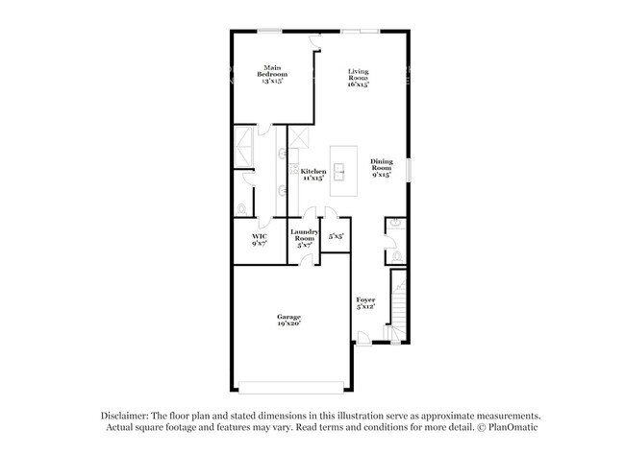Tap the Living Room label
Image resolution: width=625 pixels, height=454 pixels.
(359, 78)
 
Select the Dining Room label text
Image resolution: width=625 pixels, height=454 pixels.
(382, 169)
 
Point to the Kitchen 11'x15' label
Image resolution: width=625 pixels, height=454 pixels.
(313, 175)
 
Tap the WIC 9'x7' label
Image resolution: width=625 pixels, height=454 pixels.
(259, 240)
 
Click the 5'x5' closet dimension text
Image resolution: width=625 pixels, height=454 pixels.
(336, 236)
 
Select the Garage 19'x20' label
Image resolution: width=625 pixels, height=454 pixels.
(289, 321)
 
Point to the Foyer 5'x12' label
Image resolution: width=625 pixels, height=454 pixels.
(365, 304)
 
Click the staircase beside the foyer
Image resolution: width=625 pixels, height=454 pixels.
(398, 305)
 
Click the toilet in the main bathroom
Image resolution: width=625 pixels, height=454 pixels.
(241, 208)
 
